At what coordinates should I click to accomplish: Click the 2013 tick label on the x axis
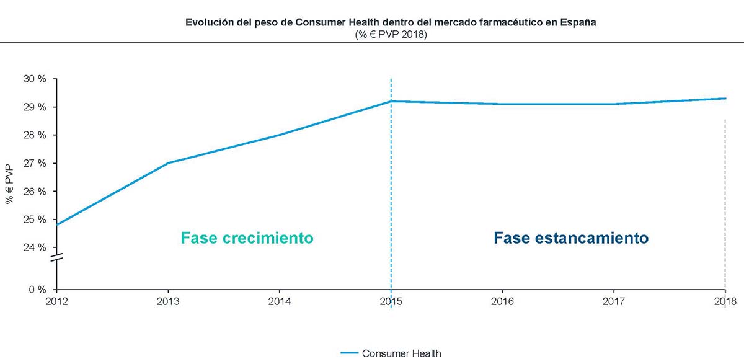(167, 301)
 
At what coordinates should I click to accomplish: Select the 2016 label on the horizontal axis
(502, 301)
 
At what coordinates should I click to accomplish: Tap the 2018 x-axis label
(725, 301)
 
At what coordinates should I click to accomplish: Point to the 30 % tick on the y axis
(35, 79)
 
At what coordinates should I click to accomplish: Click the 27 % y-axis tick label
(35, 163)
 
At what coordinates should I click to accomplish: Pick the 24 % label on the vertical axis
(35, 247)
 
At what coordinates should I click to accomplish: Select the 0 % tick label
(38, 290)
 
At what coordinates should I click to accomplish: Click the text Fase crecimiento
(247, 238)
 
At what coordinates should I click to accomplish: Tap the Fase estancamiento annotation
(571, 238)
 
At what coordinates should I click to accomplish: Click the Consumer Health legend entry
(401, 353)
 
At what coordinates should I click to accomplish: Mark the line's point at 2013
(167, 163)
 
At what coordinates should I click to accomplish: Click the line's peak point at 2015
(391, 101)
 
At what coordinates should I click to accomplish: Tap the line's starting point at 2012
(56, 224)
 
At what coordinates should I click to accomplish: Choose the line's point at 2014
(280, 135)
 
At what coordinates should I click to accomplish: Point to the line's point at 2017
(614, 104)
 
